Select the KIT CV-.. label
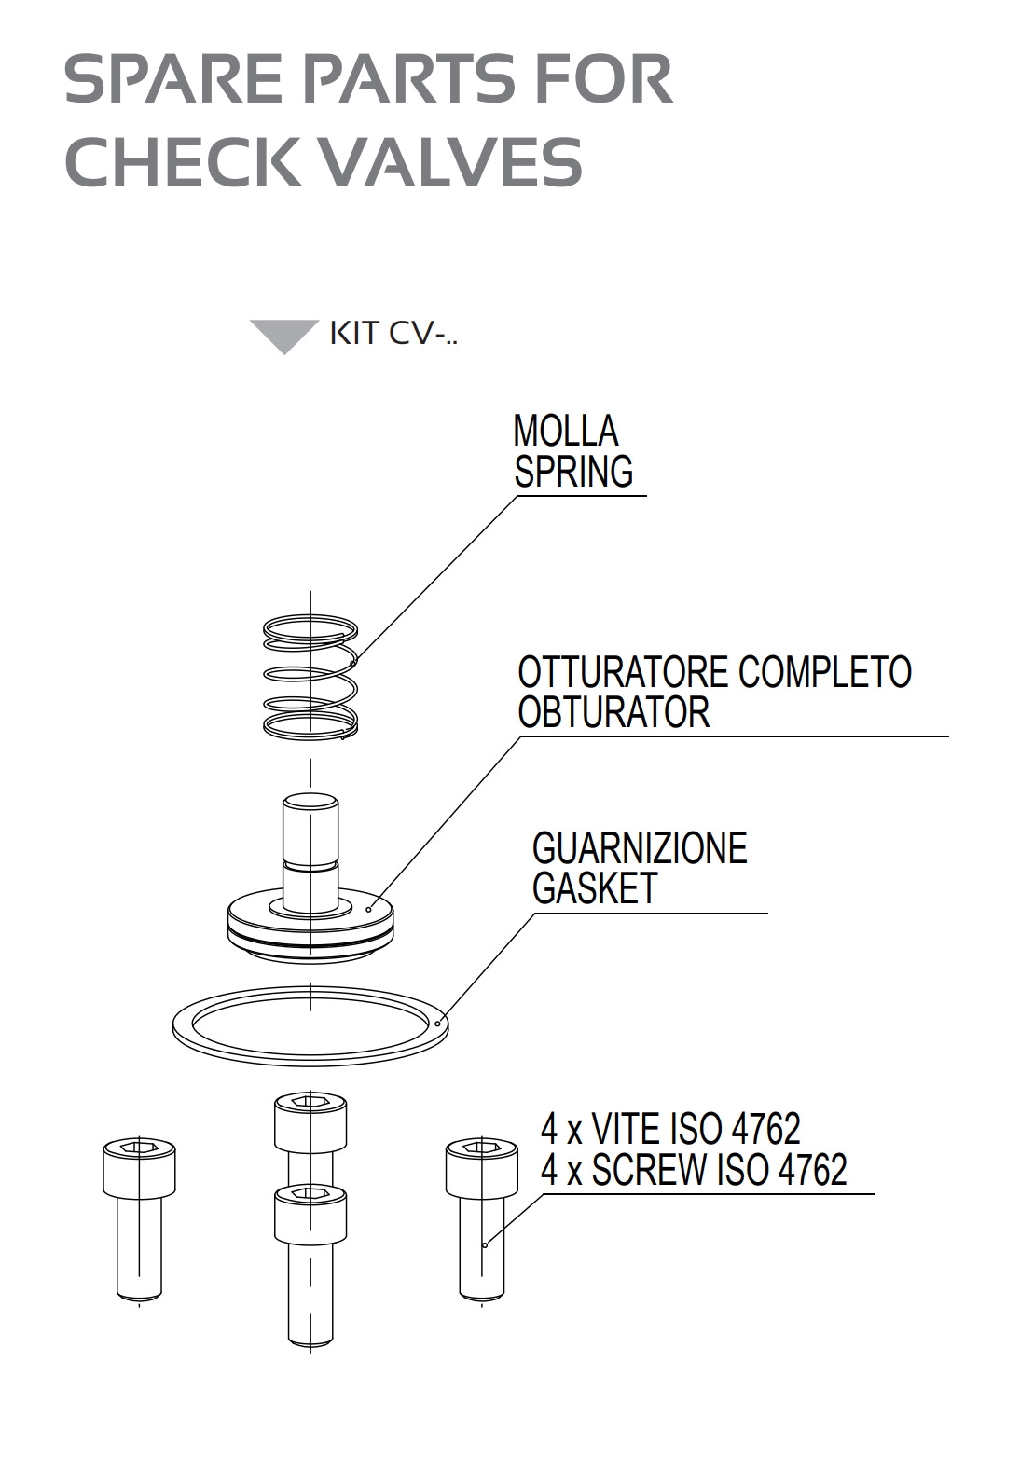coord(393,334)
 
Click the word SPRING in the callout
coord(573,472)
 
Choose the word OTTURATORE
coord(623,672)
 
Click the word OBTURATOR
coord(613,713)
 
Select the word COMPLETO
coord(824,672)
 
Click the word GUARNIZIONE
coord(640,848)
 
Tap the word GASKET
coord(595,888)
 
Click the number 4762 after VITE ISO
coord(765,1129)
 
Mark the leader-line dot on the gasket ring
coord(438,1024)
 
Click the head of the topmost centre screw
coord(310,1122)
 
